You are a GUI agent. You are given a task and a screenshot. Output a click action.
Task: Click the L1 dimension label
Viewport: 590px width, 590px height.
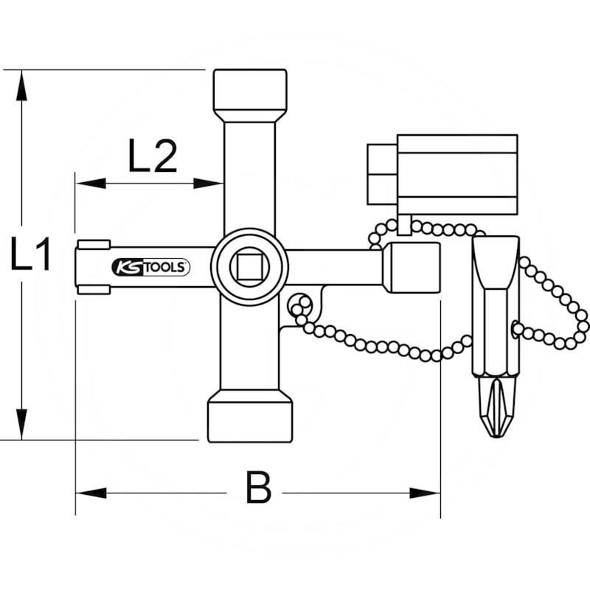click(30, 256)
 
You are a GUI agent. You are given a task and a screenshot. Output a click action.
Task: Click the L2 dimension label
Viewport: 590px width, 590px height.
click(153, 156)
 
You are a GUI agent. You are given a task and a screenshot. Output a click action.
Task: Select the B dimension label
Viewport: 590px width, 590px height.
click(258, 489)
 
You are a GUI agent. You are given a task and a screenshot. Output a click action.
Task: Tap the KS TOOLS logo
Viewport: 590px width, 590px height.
click(151, 267)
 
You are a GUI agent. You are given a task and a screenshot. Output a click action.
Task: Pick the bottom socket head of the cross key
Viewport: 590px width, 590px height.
click(250, 417)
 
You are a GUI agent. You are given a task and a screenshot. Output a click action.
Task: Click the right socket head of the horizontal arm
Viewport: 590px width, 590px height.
click(411, 267)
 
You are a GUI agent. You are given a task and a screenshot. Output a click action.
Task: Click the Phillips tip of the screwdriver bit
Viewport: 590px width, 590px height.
click(496, 408)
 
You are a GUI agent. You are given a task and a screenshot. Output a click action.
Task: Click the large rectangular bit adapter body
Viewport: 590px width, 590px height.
click(457, 175)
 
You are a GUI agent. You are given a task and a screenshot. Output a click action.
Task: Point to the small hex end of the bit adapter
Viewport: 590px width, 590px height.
click(382, 174)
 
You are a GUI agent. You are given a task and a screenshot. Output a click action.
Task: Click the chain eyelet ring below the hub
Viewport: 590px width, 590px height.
click(299, 303)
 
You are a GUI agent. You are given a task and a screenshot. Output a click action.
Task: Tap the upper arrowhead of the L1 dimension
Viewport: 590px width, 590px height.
click(23, 85)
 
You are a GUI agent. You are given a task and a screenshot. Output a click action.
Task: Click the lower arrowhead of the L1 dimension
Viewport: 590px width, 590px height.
click(23, 426)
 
